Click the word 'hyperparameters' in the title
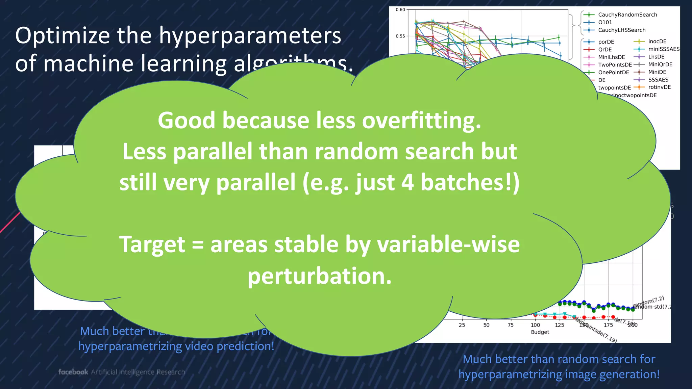(x=250, y=36)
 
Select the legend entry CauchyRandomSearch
(x=627, y=15)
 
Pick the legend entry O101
(x=605, y=22)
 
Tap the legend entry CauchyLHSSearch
(x=621, y=30)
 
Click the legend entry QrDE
(x=605, y=49)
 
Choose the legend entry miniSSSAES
(x=664, y=49)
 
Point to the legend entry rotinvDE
(x=659, y=87)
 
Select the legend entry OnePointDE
(x=613, y=72)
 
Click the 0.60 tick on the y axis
(x=400, y=10)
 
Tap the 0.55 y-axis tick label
(x=400, y=36)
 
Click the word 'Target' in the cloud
(x=152, y=244)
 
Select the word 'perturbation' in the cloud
(x=319, y=276)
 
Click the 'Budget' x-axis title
(x=540, y=332)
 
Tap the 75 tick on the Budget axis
(x=511, y=325)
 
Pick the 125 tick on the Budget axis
(x=560, y=325)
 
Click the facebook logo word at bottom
(x=73, y=372)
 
